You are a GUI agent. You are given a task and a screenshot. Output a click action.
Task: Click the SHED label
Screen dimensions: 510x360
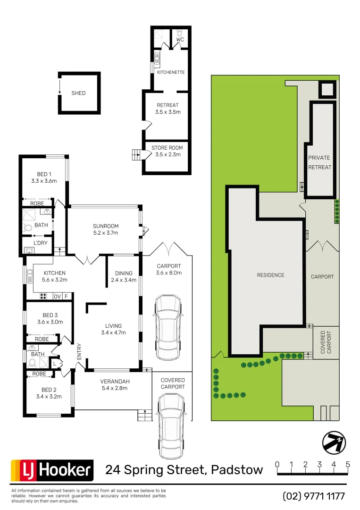point(78,93)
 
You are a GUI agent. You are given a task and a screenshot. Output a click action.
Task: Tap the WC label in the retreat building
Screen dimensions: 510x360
point(180,40)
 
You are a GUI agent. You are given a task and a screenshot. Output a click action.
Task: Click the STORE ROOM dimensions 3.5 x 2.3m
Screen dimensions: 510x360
point(168,154)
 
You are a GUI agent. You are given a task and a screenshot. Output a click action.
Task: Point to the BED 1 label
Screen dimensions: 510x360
point(44,174)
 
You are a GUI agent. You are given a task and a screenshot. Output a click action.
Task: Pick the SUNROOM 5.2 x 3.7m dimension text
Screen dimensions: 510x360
point(105,233)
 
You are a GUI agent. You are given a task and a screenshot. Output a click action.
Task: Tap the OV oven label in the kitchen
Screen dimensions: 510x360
point(57,297)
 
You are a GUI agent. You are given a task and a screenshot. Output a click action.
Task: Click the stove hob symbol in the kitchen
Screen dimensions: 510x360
point(43,297)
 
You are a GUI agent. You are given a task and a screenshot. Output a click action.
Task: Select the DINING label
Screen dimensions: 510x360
point(124,273)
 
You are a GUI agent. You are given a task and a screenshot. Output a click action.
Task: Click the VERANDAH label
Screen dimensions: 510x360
point(115,382)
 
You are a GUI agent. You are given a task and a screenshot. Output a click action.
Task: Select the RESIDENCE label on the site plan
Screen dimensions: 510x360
point(270,275)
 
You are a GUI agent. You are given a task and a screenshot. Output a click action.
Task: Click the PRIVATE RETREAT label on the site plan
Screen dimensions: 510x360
point(319,162)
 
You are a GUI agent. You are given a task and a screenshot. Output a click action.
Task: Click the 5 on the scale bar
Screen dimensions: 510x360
point(348,464)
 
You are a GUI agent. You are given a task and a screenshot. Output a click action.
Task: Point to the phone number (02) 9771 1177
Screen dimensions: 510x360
point(314,496)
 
